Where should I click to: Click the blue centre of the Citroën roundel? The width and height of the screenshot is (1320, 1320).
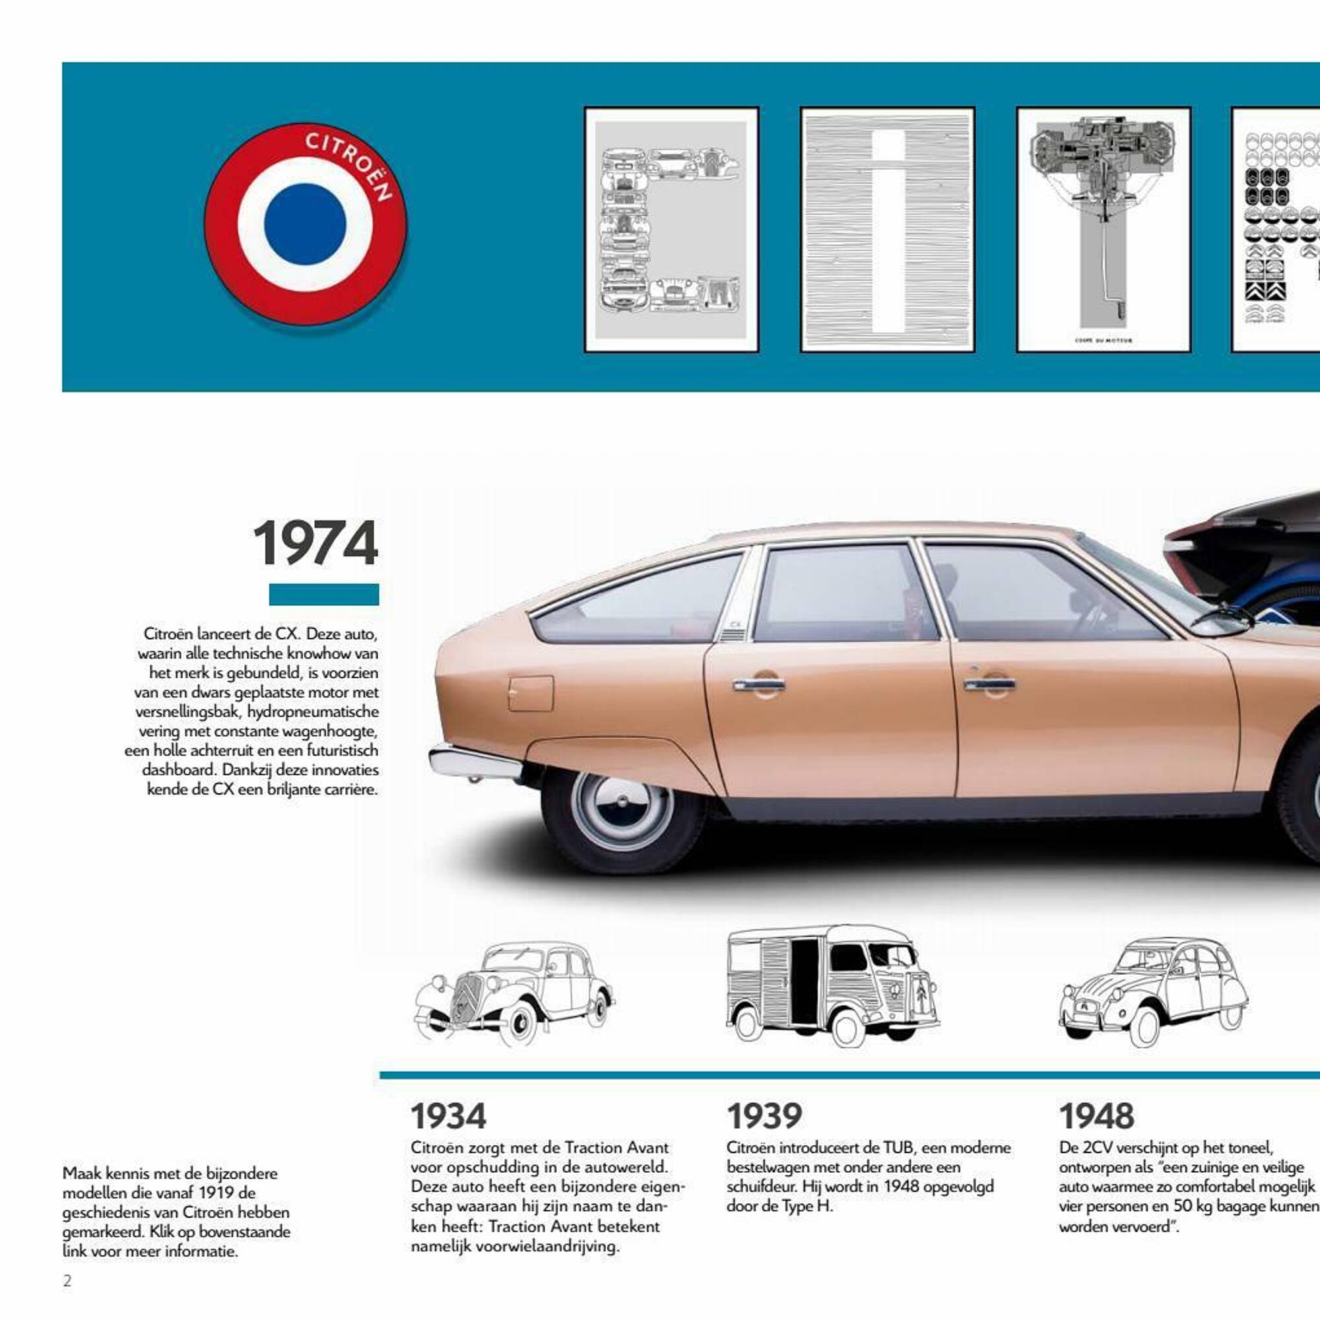coord(305,224)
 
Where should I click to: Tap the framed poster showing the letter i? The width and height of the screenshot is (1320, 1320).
coord(887,230)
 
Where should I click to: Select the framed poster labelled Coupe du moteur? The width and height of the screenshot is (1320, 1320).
coord(1104,230)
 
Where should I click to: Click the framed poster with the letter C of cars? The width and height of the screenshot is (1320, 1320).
coord(671,230)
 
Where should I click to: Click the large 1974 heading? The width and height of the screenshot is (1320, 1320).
coord(315,543)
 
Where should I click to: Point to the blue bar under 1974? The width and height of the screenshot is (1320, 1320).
coord(324,594)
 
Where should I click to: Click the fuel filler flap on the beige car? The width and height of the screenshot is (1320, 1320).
coord(531,694)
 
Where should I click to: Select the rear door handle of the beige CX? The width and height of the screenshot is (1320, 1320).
coord(759,683)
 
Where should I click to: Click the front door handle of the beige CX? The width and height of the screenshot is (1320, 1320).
coord(989,683)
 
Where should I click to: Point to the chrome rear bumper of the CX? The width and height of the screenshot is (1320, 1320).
coord(475,763)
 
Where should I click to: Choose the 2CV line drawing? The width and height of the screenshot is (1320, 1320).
coord(1153,991)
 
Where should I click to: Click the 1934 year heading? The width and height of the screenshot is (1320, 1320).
coord(448,1117)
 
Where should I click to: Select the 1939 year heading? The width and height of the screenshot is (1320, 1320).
coord(764,1117)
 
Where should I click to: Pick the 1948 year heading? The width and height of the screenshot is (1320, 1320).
coord(1096,1117)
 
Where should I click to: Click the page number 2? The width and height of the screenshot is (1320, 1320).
coord(67,1281)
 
